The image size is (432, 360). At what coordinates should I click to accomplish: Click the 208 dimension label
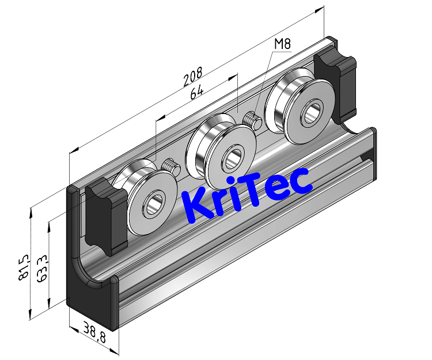[x=192, y=77]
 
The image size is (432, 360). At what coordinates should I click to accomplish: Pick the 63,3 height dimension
[x=41, y=268]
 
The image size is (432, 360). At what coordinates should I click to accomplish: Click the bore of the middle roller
[x=233, y=157]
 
